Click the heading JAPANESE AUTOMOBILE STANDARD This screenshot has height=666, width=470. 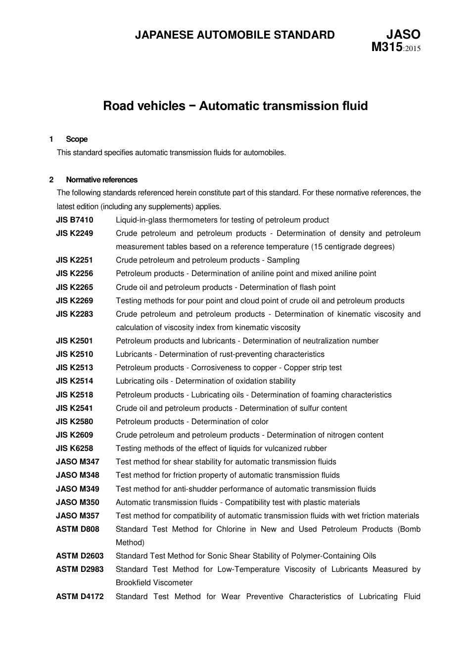(x=235, y=35)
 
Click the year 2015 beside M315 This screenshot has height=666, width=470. (x=412, y=49)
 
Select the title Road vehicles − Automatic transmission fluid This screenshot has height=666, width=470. (x=235, y=106)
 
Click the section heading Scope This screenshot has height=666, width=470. (x=77, y=139)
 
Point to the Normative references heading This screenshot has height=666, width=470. (x=101, y=180)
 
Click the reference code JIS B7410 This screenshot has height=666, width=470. (x=74, y=220)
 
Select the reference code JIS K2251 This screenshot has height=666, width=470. (x=74, y=260)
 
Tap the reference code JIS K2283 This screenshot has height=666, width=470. (x=74, y=314)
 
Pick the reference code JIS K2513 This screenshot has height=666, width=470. (x=74, y=368)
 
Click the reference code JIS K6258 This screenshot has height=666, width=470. (x=74, y=448)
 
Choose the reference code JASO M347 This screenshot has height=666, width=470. (x=77, y=462)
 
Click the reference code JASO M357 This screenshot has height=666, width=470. (x=77, y=516)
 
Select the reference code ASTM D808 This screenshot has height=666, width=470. (x=77, y=529)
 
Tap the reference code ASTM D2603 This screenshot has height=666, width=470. (x=80, y=556)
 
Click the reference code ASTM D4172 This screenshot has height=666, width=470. (x=80, y=597)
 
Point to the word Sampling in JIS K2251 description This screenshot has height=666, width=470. (x=283, y=260)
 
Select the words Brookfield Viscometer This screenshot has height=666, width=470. (x=154, y=583)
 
